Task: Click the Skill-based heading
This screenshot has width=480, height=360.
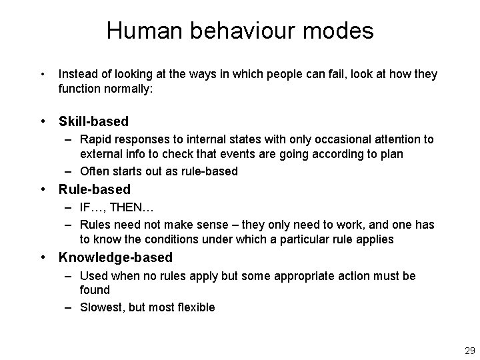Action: coord(93,121)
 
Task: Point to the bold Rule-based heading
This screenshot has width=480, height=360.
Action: coord(95,189)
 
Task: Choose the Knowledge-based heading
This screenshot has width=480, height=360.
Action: coord(115,257)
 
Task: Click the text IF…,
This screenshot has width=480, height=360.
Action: coord(93,207)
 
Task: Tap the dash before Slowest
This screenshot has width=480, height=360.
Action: coord(69,307)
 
